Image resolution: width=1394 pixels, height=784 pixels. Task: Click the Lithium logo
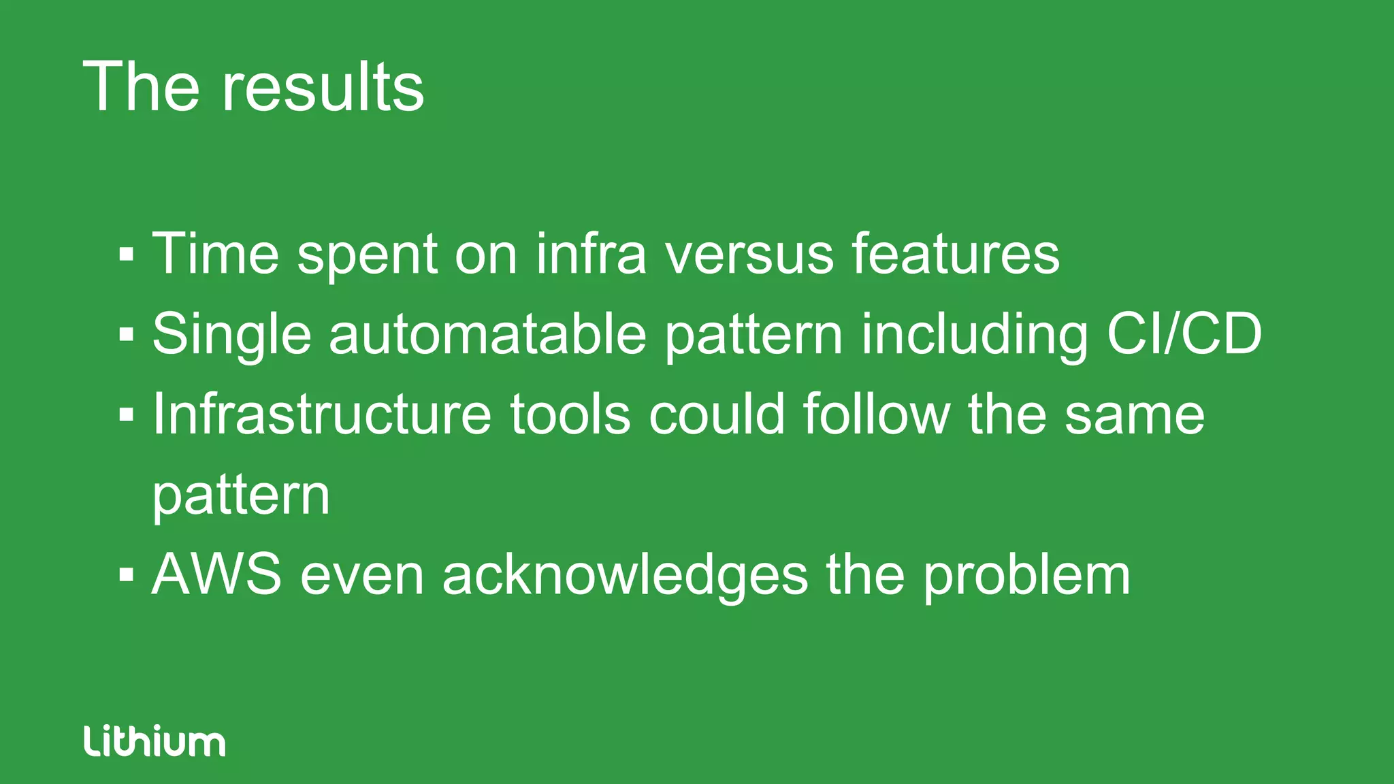[155, 741]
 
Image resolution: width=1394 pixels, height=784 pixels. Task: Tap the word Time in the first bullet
[215, 254]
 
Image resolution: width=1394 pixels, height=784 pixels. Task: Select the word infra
[591, 254]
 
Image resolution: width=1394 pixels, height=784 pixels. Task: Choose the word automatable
[487, 334]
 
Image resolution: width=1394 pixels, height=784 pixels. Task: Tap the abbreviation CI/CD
[1184, 334]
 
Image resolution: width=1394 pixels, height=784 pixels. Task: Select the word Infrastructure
[321, 414]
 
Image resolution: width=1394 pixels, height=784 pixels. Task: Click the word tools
[570, 414]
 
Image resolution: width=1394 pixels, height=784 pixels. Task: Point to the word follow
[876, 414]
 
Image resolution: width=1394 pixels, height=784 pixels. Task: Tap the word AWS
[216, 575]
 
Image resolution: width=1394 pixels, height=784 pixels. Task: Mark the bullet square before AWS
[126, 574]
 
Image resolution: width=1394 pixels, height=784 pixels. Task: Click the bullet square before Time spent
[126, 254]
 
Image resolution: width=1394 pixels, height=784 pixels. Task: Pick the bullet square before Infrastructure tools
[126, 414]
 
